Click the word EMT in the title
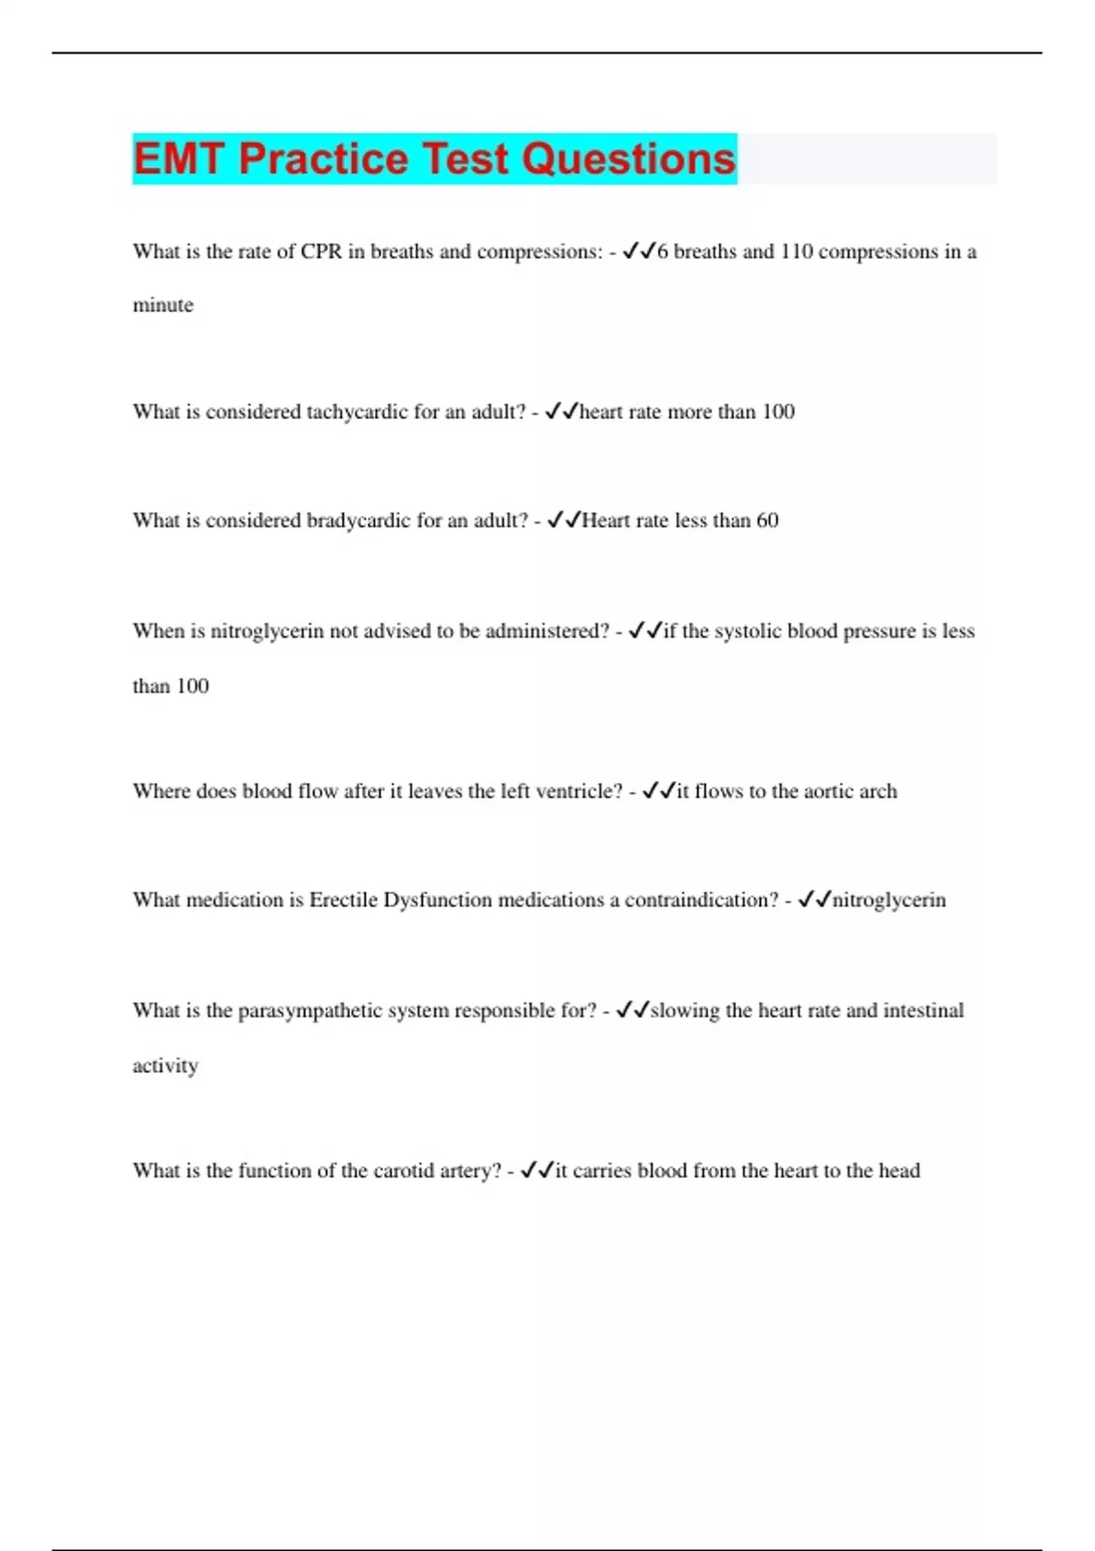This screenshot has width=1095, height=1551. tap(179, 160)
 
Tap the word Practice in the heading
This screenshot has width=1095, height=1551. tap(323, 160)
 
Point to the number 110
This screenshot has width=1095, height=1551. tap(796, 252)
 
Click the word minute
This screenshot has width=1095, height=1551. tap(163, 306)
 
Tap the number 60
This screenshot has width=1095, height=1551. tap(767, 521)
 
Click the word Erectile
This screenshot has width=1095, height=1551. tap(343, 900)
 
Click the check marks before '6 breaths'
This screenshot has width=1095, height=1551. tap(639, 252)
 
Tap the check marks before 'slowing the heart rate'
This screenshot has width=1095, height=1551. tap(632, 1011)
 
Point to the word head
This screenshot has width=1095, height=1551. tap(899, 1171)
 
